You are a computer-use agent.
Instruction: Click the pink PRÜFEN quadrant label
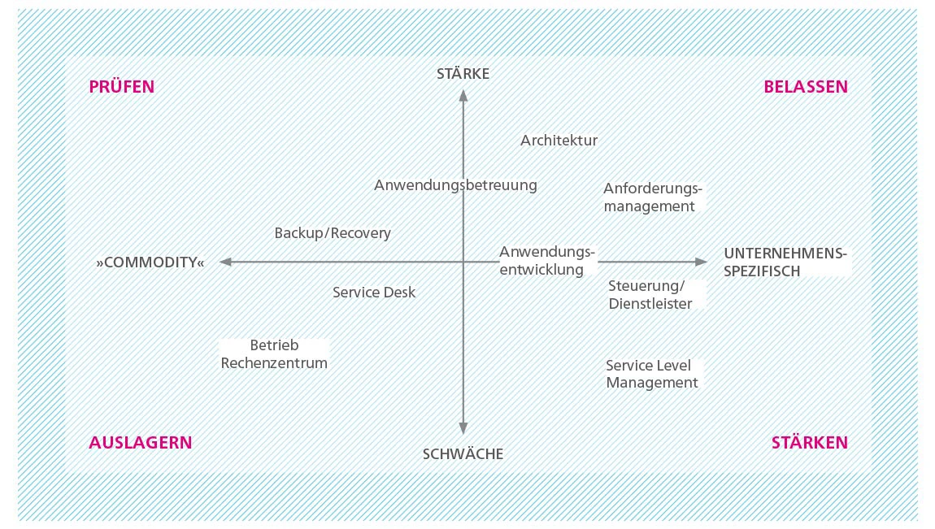pyautogui.click(x=122, y=86)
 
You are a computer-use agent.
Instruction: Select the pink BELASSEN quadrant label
pyautogui.click(x=806, y=87)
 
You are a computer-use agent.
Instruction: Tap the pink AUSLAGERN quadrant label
pyautogui.click(x=141, y=443)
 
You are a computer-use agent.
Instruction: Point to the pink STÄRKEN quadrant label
pyautogui.click(x=810, y=443)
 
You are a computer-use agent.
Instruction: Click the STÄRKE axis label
pyautogui.click(x=463, y=73)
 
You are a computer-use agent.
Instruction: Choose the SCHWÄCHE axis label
pyautogui.click(x=463, y=454)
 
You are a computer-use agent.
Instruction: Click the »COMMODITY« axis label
pyautogui.click(x=150, y=262)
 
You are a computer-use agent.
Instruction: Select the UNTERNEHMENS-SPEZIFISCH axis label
pyautogui.click(x=785, y=262)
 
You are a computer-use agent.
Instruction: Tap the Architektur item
pyautogui.click(x=559, y=141)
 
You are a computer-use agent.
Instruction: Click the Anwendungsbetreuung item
pyautogui.click(x=455, y=185)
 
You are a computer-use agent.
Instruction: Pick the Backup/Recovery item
pyautogui.click(x=333, y=233)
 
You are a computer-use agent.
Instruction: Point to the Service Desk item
pyautogui.click(x=374, y=292)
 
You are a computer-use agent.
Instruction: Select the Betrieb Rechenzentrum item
pyautogui.click(x=274, y=353)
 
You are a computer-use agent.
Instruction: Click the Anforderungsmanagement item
pyautogui.click(x=653, y=197)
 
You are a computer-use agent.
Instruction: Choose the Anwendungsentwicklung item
pyautogui.click(x=547, y=261)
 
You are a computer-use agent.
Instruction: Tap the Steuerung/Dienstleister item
pyautogui.click(x=650, y=295)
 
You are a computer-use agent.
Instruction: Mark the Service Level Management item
pyautogui.click(x=652, y=374)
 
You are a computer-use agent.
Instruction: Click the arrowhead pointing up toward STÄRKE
pyautogui.click(x=463, y=95)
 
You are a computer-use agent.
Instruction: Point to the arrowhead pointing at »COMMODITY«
pyautogui.click(x=225, y=262)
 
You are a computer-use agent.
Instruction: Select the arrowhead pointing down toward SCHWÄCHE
pyautogui.click(x=463, y=427)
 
